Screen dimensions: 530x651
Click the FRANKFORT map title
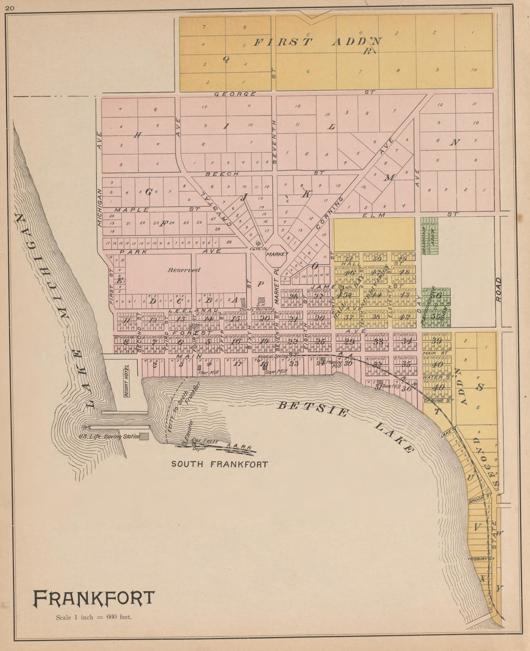point(94,598)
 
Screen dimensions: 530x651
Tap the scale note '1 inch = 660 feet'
point(93,617)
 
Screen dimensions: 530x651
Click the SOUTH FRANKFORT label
point(220,464)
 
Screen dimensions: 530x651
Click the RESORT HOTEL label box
point(127,381)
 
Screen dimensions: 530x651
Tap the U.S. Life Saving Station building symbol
point(144,436)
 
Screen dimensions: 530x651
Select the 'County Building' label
point(257,309)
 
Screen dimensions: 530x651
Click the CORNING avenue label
point(329,212)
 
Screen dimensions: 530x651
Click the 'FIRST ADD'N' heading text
point(318,41)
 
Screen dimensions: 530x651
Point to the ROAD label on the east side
point(498,289)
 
